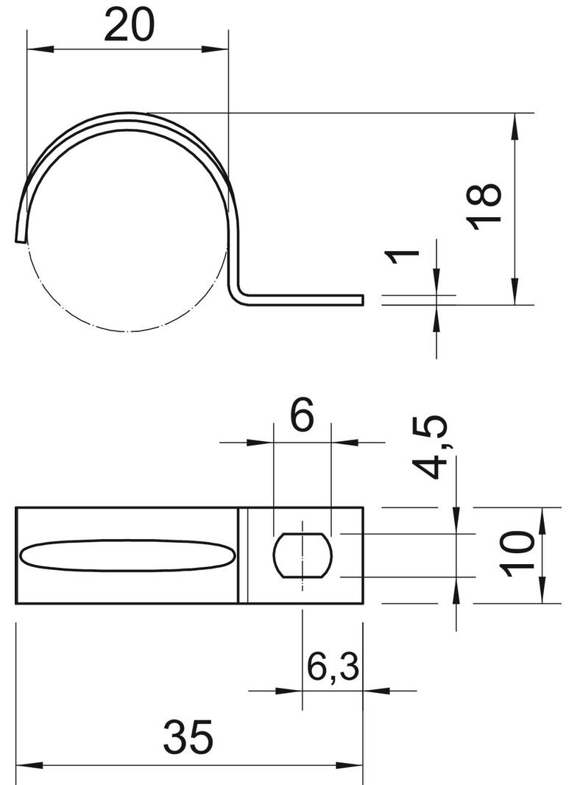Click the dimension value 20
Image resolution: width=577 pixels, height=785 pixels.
pyautogui.click(x=129, y=25)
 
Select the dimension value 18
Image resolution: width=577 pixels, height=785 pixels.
pyautogui.click(x=484, y=207)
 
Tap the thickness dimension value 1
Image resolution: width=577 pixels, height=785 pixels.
pyautogui.click(x=402, y=256)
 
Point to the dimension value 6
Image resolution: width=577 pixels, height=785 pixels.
pyautogui.click(x=302, y=414)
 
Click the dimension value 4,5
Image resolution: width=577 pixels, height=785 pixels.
pyautogui.click(x=430, y=447)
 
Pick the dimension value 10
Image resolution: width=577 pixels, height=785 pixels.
pyautogui.click(x=517, y=555)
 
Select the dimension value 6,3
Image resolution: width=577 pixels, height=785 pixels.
pyautogui.click(x=333, y=666)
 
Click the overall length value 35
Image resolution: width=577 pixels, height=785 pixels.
pyautogui.click(x=188, y=737)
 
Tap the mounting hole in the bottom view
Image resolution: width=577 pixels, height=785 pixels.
pyautogui.click(x=302, y=555)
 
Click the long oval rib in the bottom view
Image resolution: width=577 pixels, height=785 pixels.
pyautogui.click(x=127, y=555)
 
